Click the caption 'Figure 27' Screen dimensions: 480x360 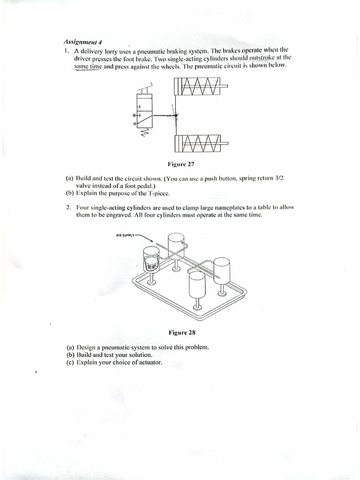click(181, 165)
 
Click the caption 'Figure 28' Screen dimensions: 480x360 click(181, 333)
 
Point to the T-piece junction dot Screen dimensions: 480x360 click(176, 115)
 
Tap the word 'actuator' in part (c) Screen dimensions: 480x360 click(149, 362)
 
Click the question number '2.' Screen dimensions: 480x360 click(68, 207)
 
